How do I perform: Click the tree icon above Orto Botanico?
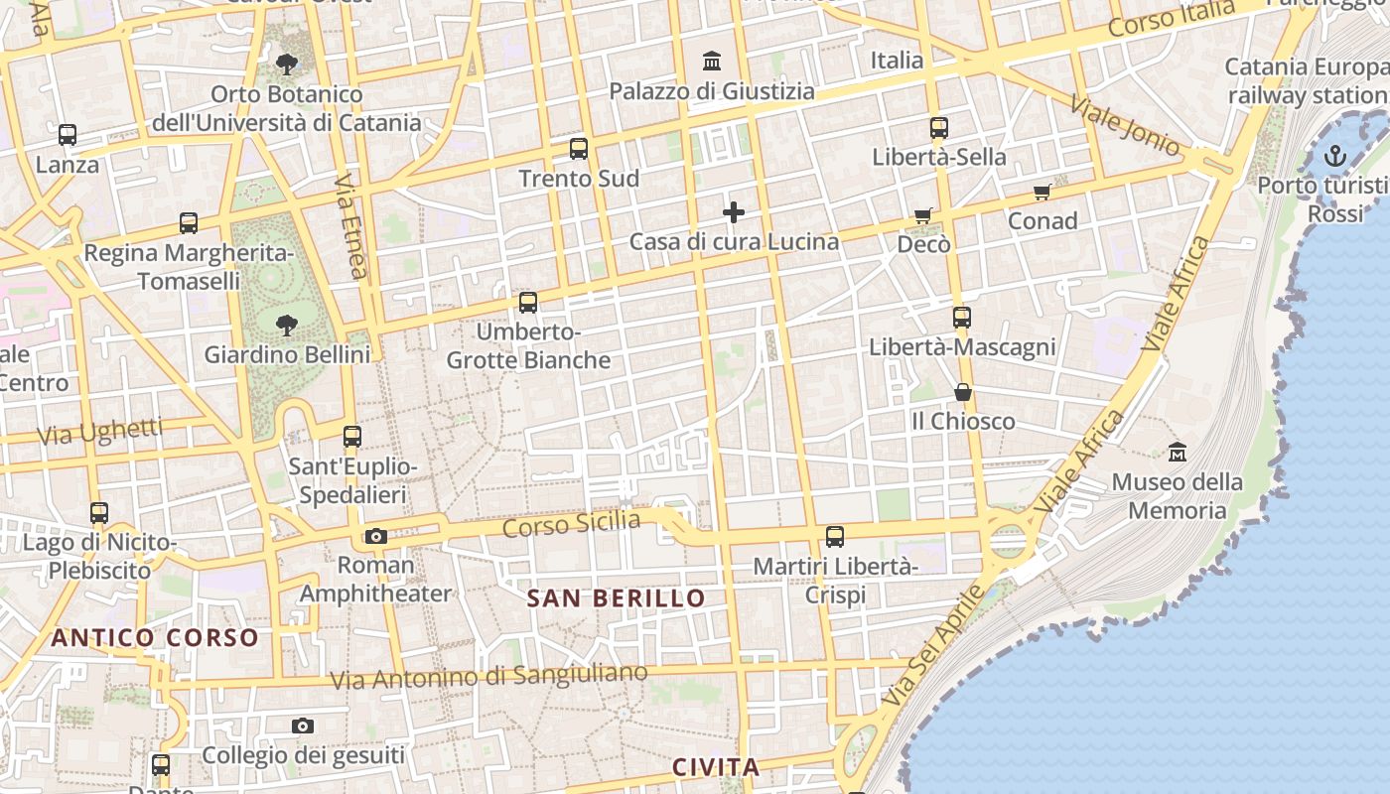click(287, 66)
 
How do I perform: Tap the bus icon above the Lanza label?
click(68, 135)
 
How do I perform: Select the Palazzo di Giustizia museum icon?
click(712, 62)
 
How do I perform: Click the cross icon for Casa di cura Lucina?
click(734, 211)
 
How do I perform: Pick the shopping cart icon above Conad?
click(1042, 192)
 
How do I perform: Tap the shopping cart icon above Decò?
click(923, 215)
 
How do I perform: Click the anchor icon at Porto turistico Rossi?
click(1335, 156)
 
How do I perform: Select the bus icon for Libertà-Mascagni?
click(961, 318)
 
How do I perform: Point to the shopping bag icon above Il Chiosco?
click(962, 392)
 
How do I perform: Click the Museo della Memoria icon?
click(1178, 453)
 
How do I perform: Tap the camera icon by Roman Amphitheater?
click(375, 537)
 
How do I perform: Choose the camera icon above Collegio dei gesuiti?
click(303, 727)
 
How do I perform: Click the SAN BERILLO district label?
click(616, 598)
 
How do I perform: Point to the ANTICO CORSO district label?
click(155, 637)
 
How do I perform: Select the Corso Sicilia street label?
click(571, 523)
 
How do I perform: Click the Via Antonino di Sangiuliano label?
click(488, 678)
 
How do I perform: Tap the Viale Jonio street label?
click(1126, 125)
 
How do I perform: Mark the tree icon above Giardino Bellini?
click(287, 325)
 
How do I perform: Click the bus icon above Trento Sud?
click(579, 150)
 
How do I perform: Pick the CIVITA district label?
click(716, 767)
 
